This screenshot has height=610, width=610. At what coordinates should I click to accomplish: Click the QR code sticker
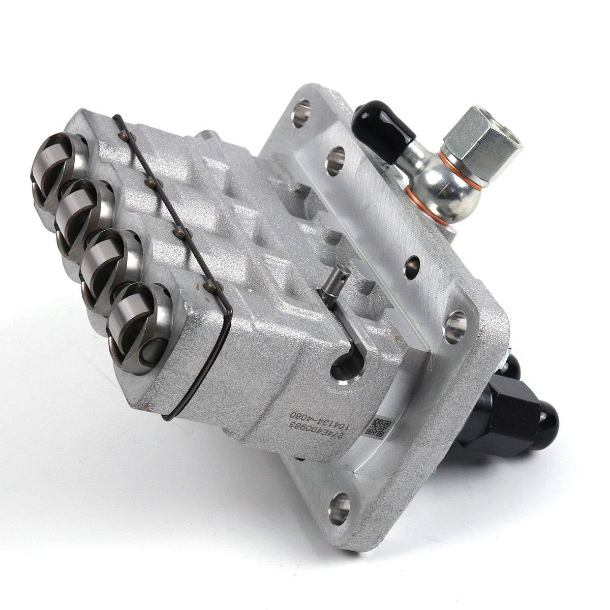(378, 427)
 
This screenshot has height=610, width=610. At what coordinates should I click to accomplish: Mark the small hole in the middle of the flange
(412, 267)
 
